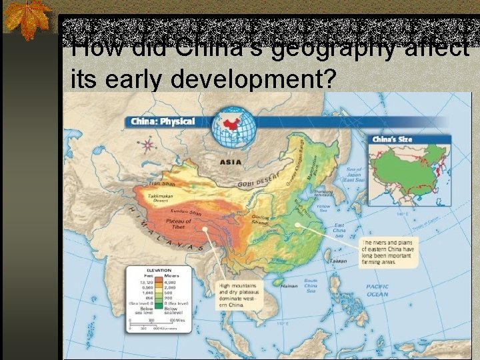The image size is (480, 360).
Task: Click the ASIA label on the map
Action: pyautogui.click(x=231, y=161)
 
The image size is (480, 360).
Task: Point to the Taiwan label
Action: pyautogui.click(x=339, y=261)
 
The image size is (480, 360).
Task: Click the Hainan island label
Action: pyautogui.click(x=289, y=285)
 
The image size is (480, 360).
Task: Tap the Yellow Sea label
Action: pyautogui.click(x=324, y=209)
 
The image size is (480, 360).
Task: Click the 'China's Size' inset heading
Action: pyautogui.click(x=392, y=139)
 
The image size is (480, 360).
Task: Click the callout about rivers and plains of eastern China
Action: pyautogui.click(x=389, y=252)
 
